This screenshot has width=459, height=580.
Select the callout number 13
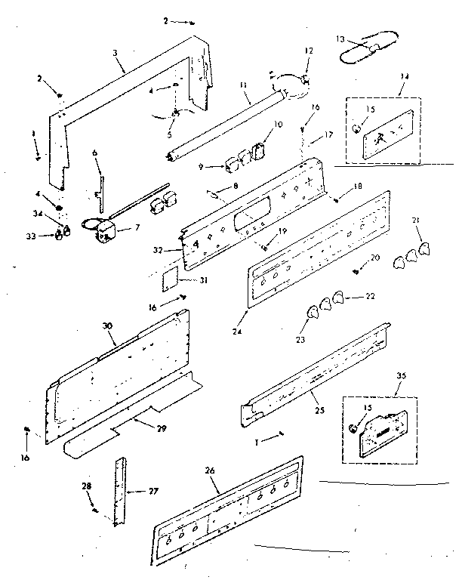coord(340,39)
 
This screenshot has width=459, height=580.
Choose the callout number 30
coord(107,325)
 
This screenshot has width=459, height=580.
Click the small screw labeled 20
coord(354,270)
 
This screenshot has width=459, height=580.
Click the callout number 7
coord(137,227)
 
